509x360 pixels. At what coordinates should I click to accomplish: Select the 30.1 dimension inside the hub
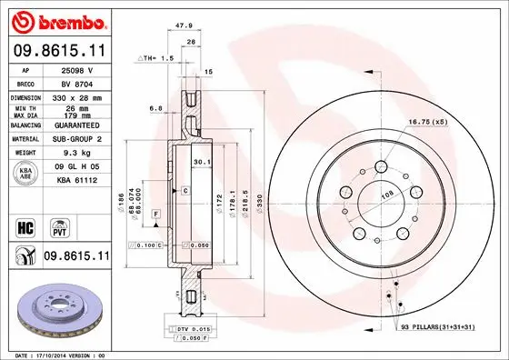coord(202,164)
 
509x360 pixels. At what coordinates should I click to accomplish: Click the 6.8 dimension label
coord(157,106)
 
